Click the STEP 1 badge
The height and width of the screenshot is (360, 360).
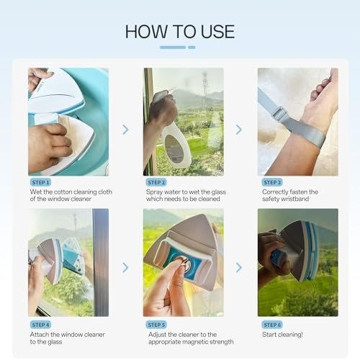[40, 182]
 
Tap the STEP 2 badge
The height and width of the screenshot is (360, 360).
[156, 182]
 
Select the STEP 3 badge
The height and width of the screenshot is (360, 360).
[272, 182]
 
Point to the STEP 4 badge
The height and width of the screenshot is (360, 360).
[40, 325]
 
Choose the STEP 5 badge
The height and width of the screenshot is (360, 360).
[156, 325]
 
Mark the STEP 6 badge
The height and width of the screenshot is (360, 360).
[272, 325]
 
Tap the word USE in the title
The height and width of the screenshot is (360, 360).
[217, 32]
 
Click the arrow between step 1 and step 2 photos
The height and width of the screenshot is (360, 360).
[125, 130]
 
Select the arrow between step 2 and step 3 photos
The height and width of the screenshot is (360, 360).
[239, 130]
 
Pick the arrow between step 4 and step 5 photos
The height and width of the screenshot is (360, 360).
[125, 268]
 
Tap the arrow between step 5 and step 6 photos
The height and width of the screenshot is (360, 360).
[239, 268]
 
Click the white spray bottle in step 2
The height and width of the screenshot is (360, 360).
[174, 142]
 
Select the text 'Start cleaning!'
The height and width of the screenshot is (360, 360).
[282, 335]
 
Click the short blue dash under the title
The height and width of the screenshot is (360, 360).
[192, 48]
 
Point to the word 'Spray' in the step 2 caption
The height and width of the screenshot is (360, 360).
[154, 192]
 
